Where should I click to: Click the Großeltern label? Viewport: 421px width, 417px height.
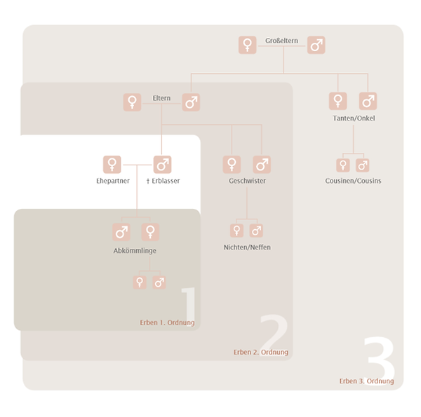pos(281,41)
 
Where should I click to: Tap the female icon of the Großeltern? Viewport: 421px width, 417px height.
pos(248,45)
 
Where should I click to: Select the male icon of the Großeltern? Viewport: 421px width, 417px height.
pos(316,45)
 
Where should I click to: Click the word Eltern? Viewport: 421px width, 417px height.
pos(161,98)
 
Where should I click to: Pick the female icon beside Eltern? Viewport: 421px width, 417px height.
pos(132,102)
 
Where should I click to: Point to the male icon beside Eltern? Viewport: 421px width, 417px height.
pos(191,102)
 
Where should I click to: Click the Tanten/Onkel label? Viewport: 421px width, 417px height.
pos(354,118)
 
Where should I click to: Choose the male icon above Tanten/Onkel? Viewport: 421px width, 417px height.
pos(368,101)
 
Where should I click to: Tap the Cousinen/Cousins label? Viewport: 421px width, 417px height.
pos(353,181)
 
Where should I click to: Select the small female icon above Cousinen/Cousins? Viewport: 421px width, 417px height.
pos(343,165)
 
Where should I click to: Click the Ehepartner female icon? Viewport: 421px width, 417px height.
pos(112,165)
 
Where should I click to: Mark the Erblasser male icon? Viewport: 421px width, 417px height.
pos(163,165)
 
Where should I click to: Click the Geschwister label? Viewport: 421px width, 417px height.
pos(247,181)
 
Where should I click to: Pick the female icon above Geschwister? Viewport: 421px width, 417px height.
pos(232,165)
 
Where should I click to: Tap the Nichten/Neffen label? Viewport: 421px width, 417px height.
pos(247,247)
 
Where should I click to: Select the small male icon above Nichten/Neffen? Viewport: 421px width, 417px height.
pos(256,231)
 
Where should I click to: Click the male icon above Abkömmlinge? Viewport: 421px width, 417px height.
pos(121,232)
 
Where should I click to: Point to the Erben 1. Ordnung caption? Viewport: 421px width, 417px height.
pos(167,322)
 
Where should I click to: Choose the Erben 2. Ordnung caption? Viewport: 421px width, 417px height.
pos(261,352)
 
